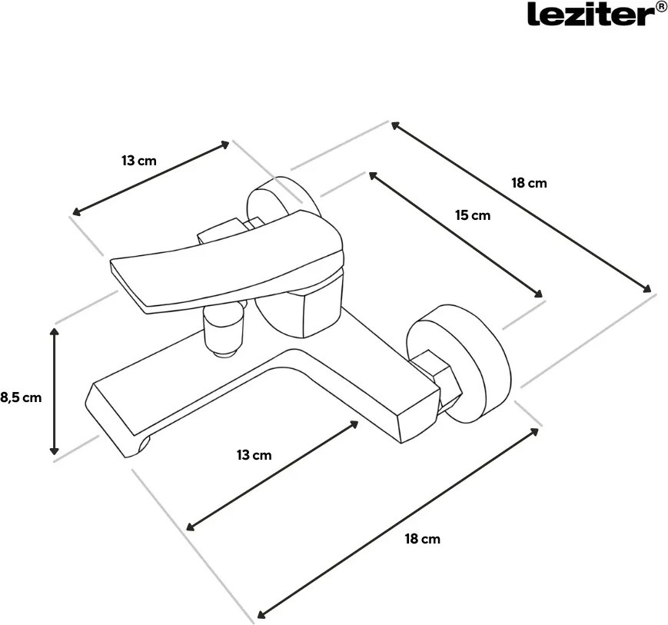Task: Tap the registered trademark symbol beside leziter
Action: tap(661, 8)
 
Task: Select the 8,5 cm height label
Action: tap(20, 397)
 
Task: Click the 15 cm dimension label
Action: tap(472, 215)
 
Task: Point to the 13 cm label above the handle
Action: tap(139, 161)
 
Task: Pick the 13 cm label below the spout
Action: tap(254, 455)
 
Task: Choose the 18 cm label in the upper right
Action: tap(529, 183)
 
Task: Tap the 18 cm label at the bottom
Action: tap(422, 539)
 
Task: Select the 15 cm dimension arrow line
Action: tap(456, 234)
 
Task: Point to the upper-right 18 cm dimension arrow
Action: tap(522, 207)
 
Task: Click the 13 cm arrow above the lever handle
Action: tap(151, 178)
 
